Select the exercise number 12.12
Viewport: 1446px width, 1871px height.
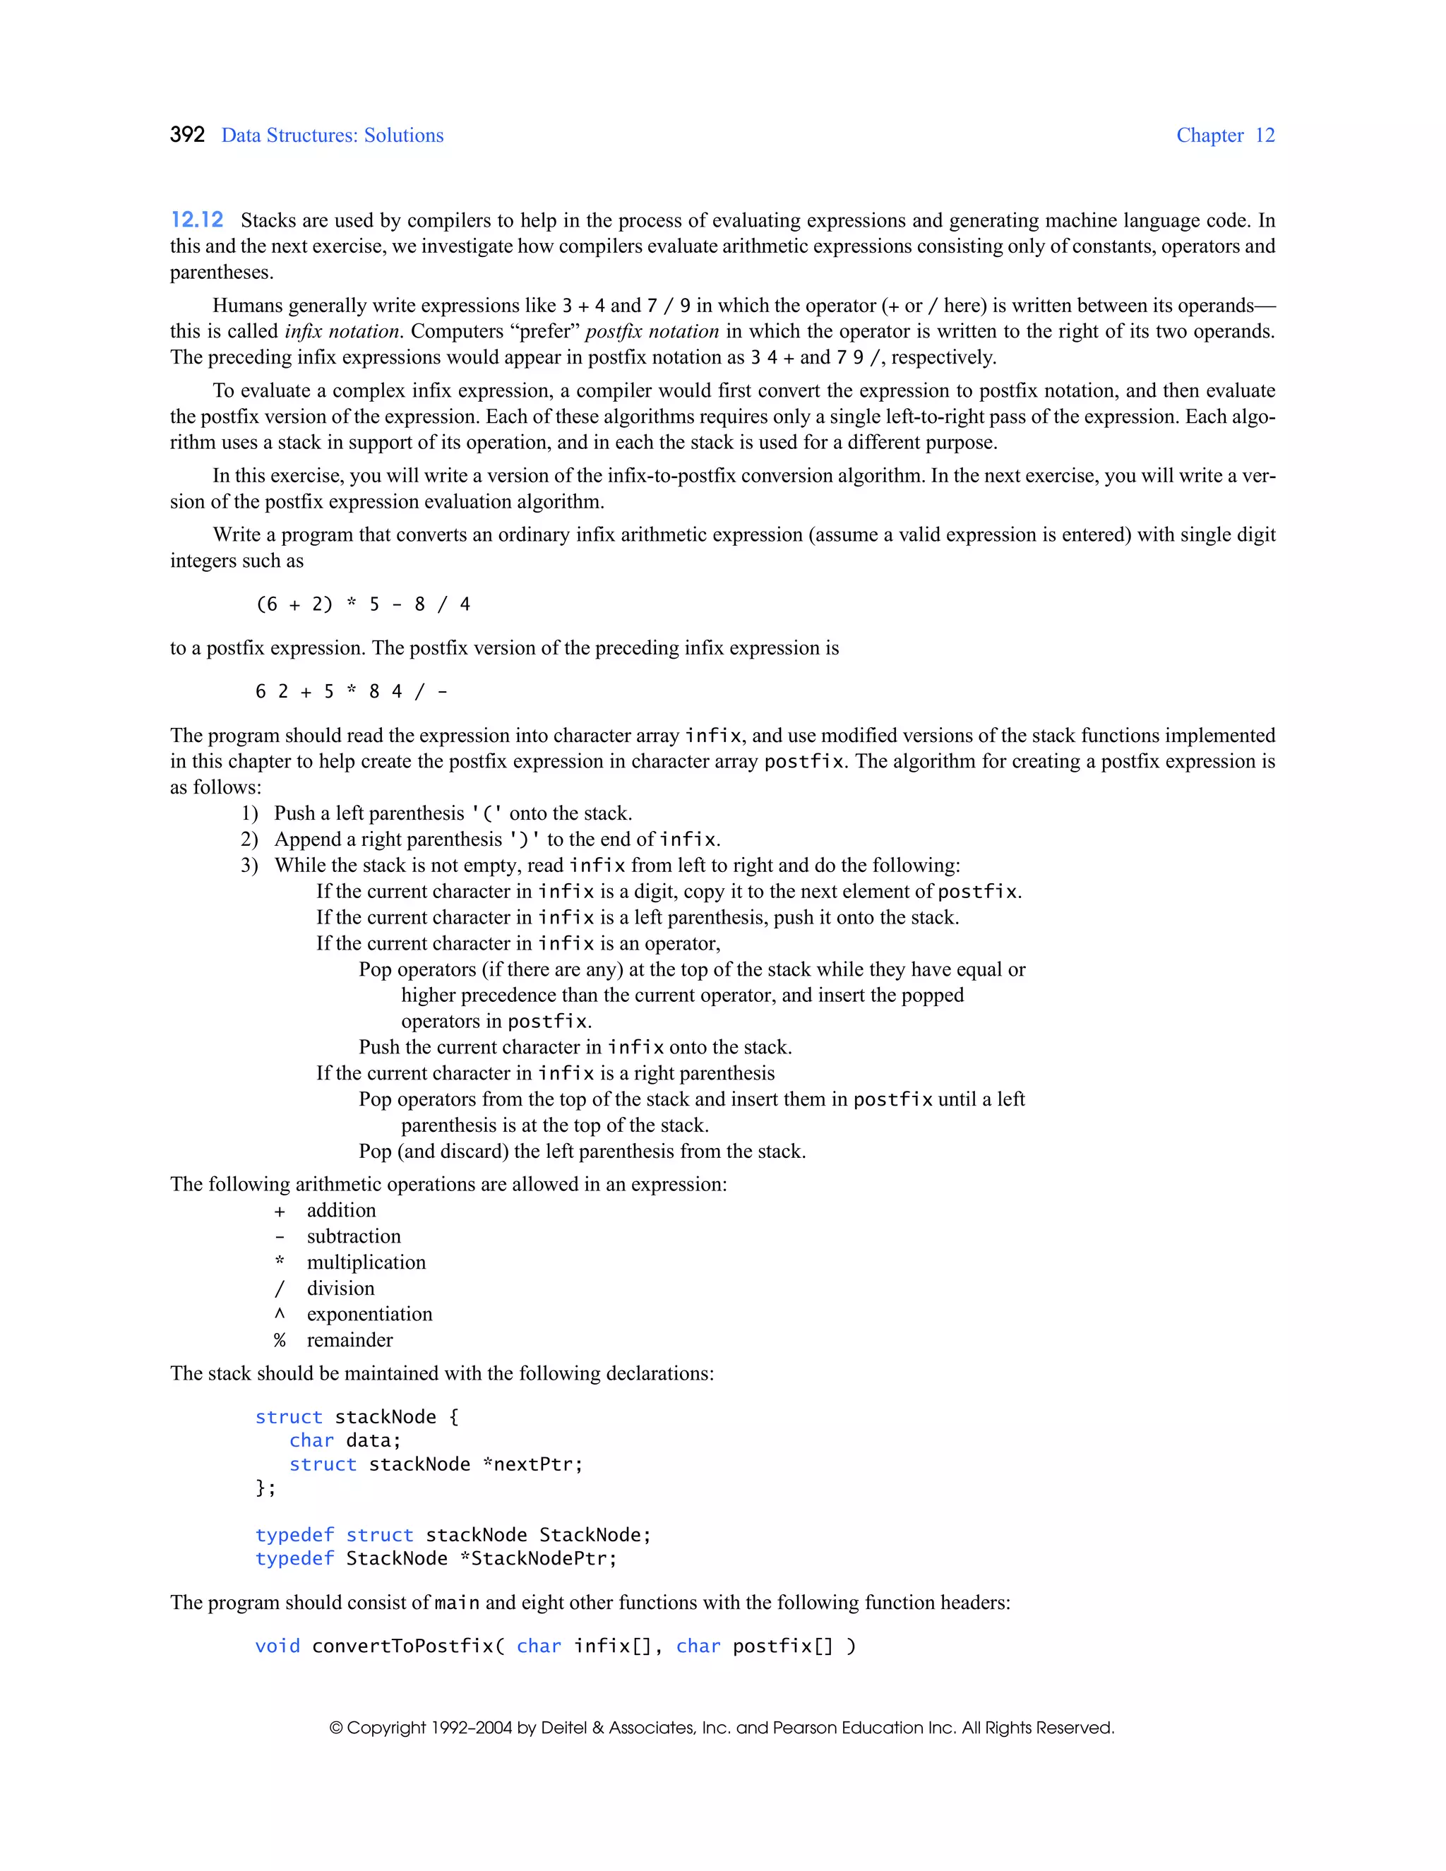[197, 220]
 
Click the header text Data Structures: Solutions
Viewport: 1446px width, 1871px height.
[333, 136]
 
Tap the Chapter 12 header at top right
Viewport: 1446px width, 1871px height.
[1225, 136]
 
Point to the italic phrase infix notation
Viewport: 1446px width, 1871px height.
[342, 332]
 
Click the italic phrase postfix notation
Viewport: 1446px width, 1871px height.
[652, 332]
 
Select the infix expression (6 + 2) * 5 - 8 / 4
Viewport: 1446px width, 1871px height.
[363, 605]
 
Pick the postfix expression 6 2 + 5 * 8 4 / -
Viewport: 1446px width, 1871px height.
[351, 692]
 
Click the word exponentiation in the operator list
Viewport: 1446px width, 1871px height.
[369, 1314]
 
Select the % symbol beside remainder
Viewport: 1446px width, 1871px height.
[280, 1341]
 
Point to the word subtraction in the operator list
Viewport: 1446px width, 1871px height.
[354, 1236]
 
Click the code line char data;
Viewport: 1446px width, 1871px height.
[345, 1441]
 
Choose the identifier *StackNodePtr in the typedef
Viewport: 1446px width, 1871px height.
[538, 1558]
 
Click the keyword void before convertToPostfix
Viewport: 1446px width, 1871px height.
[277, 1646]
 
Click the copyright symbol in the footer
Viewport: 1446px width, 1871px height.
[337, 1728]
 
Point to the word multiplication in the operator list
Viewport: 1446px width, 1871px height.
[366, 1263]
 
